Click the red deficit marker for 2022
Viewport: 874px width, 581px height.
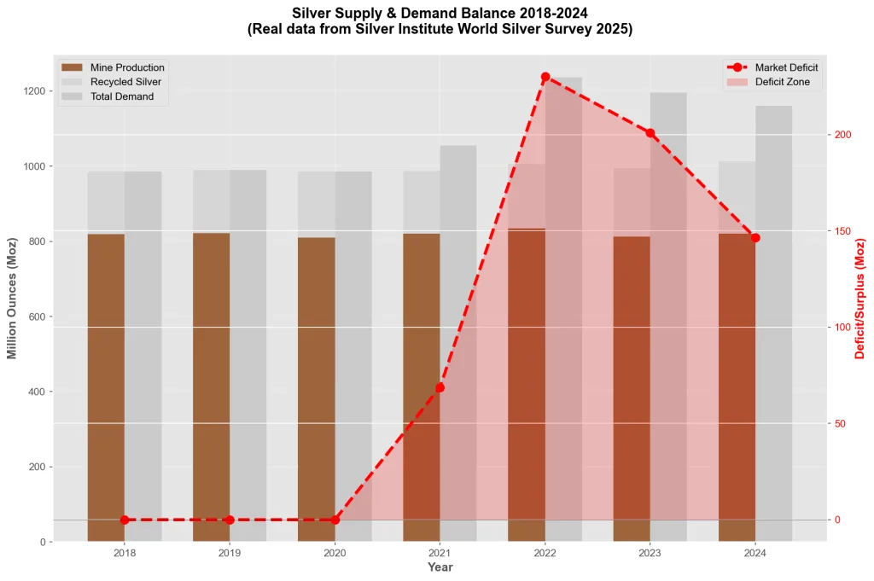(x=545, y=78)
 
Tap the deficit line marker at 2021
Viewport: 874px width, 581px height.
(x=440, y=387)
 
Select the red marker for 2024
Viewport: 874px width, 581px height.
(x=755, y=237)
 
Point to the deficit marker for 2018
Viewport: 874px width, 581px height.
(x=125, y=520)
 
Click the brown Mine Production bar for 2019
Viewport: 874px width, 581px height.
(x=211, y=384)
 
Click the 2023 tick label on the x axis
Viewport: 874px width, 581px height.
(x=650, y=554)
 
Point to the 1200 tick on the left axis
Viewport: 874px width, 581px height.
(x=35, y=91)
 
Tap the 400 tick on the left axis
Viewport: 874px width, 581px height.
(x=38, y=392)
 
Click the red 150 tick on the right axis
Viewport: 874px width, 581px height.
(x=842, y=231)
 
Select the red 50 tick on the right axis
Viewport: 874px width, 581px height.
(x=840, y=423)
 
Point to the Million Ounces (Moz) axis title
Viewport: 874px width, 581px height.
(x=13, y=299)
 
